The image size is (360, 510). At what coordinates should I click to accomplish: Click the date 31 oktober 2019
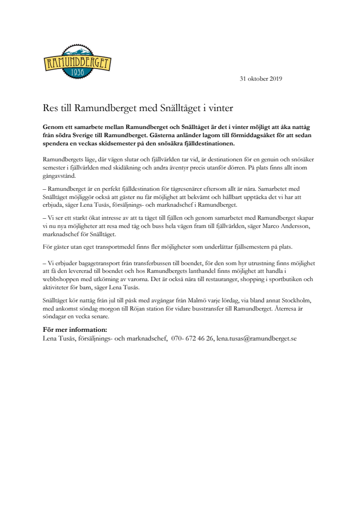coord(261,79)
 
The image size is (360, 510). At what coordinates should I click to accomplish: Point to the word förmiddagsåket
coord(219,135)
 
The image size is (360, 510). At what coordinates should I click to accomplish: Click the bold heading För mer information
coord(75,330)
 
